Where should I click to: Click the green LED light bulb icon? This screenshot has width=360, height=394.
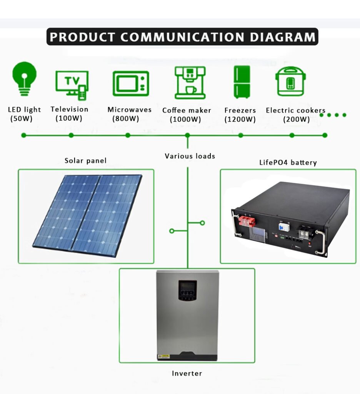pos(25,78)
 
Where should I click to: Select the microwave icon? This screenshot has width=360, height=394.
pos(130,83)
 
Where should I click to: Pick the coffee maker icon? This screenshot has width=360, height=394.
pos(190,82)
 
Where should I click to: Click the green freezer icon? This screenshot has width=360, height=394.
pos(242,82)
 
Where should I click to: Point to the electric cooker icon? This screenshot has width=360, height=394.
pos(291,82)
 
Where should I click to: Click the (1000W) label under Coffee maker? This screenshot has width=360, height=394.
pos(185,120)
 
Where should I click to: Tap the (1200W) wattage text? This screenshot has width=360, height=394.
pos(240,119)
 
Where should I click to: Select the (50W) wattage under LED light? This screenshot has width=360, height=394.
pos(22,119)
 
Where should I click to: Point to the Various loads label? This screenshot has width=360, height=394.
pos(190,156)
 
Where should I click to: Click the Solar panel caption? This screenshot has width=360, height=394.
pos(85,160)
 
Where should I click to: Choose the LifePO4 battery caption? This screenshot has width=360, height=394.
pos(288,162)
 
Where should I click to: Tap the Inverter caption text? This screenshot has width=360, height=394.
pos(187,373)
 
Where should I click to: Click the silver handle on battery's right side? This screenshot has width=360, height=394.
pos(321,242)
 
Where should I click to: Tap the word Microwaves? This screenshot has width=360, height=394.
pos(130,110)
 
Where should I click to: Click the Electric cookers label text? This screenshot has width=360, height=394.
pos(295,110)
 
